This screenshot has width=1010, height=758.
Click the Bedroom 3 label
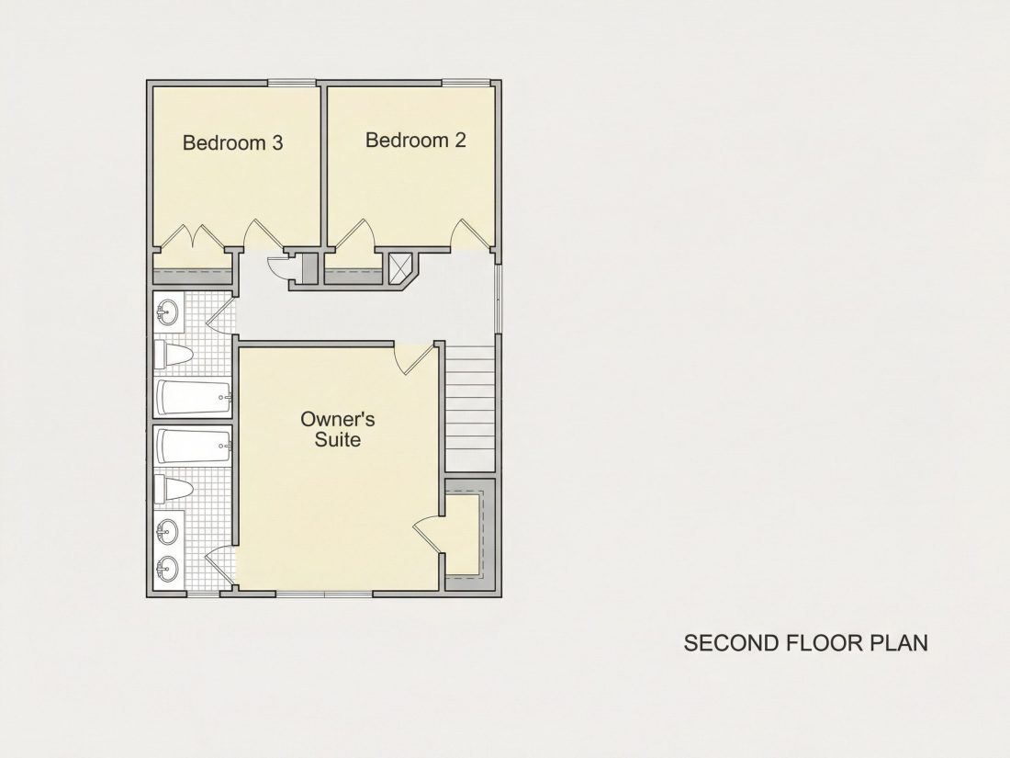(x=232, y=142)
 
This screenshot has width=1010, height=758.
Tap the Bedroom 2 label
(x=415, y=140)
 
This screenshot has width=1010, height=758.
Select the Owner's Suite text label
(x=338, y=429)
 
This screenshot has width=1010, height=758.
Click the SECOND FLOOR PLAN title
(x=806, y=642)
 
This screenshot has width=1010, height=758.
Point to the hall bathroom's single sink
(x=167, y=312)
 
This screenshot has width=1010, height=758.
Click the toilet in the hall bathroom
(x=174, y=356)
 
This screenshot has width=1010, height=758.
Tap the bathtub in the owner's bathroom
(x=193, y=446)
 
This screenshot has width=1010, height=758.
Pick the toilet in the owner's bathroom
(x=174, y=490)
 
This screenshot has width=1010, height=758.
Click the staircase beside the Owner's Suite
(x=470, y=408)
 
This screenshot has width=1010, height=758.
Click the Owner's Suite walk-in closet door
(x=427, y=535)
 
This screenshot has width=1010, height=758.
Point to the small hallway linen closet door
(x=277, y=265)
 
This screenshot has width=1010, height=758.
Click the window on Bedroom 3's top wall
(x=292, y=83)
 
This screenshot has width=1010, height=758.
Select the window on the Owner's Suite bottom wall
(x=325, y=593)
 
